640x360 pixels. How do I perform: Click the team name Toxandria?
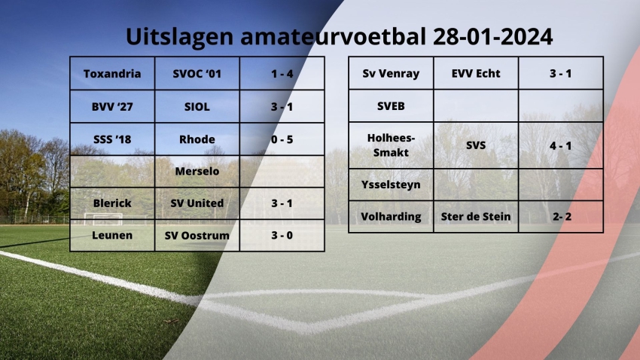tap(112, 74)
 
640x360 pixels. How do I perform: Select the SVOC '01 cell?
tap(197, 74)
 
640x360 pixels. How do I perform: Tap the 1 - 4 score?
tap(282, 74)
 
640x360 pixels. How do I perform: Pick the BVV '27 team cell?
tap(112, 107)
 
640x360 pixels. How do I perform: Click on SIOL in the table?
tap(197, 107)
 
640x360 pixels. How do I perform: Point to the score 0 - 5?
tap(282, 139)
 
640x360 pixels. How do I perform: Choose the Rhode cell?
tap(197, 139)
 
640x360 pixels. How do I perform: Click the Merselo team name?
tap(197, 172)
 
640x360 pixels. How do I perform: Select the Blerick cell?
tap(112, 203)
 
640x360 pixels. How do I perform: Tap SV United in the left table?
tap(197, 203)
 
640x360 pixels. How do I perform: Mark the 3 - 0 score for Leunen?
tap(282, 236)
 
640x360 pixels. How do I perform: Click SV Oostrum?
tap(197, 236)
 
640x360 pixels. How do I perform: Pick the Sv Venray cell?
tap(391, 74)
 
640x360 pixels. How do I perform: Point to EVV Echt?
tap(476, 74)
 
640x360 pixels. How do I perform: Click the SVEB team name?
tap(391, 106)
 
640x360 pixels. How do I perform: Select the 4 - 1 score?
tap(561, 145)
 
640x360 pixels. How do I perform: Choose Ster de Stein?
tap(476, 217)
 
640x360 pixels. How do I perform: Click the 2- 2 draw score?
tap(562, 217)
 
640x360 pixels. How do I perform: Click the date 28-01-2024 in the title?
tap(492, 37)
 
